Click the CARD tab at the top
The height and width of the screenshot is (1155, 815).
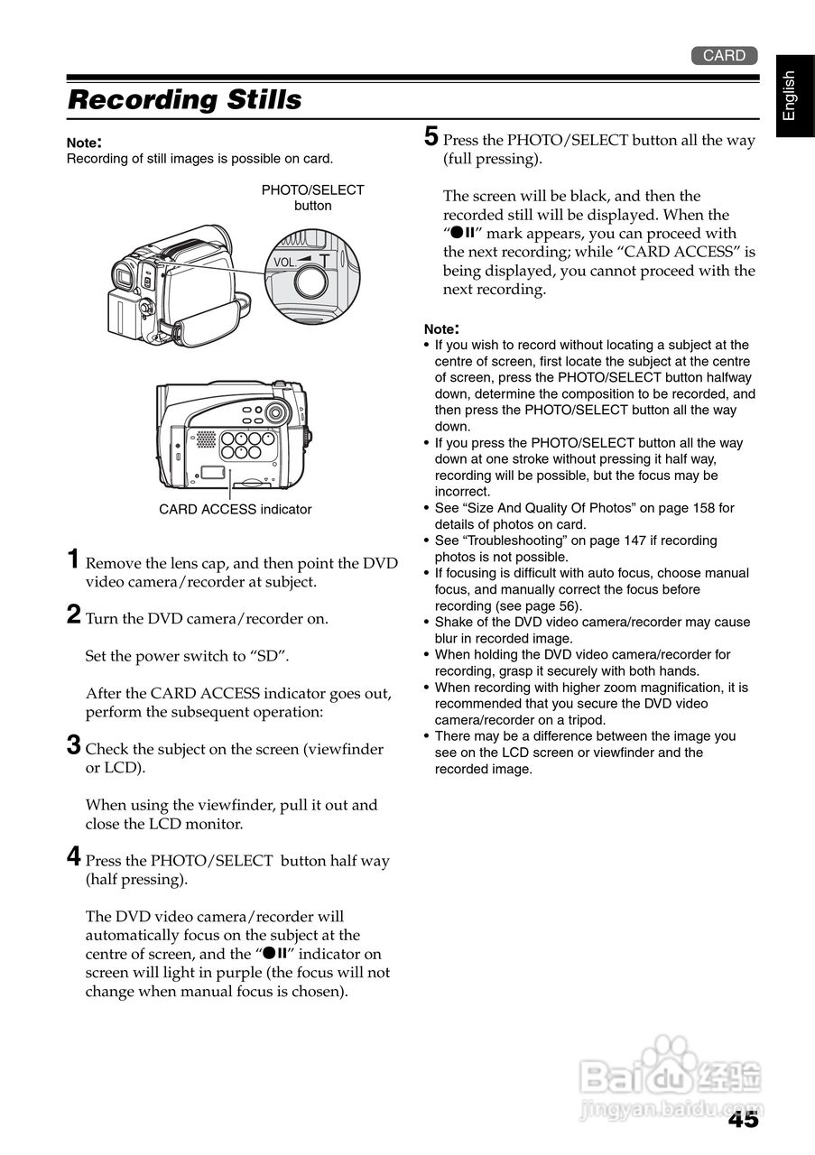(724, 56)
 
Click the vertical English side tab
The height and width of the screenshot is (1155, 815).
(789, 96)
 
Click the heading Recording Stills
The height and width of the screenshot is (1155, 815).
(185, 99)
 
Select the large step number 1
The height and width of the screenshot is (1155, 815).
(76, 559)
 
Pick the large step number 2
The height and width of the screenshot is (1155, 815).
(76, 615)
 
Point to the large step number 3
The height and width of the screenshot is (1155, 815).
(76, 746)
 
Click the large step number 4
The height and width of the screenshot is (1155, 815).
(76, 857)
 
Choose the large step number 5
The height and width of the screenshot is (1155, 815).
(431, 137)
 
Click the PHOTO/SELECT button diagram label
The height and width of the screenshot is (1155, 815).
(312, 198)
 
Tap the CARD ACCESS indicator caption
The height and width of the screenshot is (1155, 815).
(235, 510)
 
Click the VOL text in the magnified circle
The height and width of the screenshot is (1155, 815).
(283, 263)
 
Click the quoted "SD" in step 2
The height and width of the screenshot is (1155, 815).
(269, 656)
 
